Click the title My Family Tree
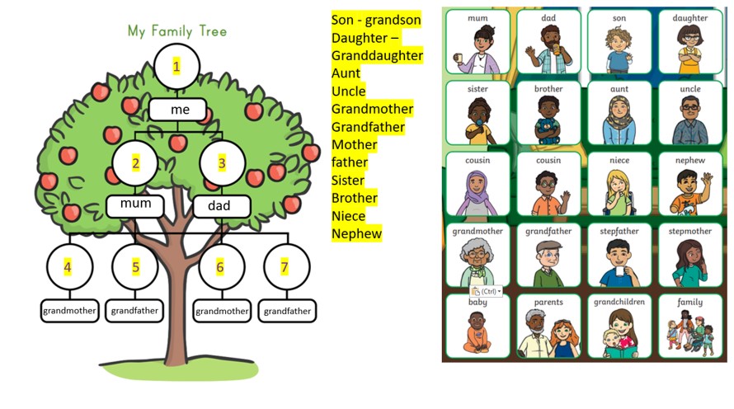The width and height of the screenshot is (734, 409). (x=176, y=31)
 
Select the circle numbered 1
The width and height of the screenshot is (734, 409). (x=176, y=67)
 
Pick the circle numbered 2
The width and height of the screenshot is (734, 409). (x=136, y=163)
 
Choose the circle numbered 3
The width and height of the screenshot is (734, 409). (x=221, y=163)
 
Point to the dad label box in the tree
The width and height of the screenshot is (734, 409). (x=221, y=205)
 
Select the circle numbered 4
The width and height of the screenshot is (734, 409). (x=68, y=266)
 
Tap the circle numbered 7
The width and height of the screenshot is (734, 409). (x=285, y=266)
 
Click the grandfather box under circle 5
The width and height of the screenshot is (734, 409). (x=136, y=311)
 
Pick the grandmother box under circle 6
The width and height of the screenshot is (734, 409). (x=221, y=312)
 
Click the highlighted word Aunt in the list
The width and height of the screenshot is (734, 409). (x=346, y=73)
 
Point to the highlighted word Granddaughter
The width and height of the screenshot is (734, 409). (x=377, y=55)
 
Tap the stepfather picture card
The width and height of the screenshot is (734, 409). (x=619, y=253)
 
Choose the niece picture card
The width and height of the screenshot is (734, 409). (x=619, y=182)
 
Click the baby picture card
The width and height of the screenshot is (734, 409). (x=478, y=326)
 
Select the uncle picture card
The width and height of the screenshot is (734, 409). (x=690, y=112)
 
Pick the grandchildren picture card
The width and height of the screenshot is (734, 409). (x=619, y=326)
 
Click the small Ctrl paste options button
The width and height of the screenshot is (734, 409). (x=487, y=291)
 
